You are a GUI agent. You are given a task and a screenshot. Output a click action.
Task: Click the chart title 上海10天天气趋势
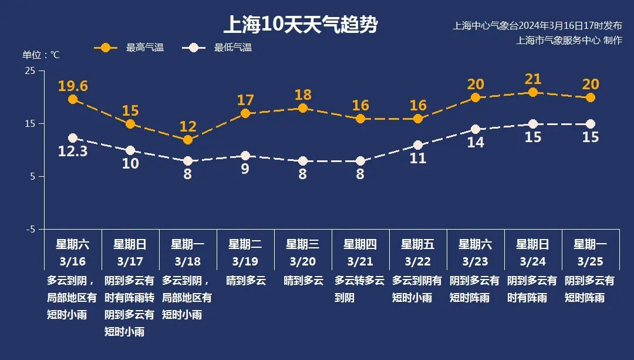[300, 25]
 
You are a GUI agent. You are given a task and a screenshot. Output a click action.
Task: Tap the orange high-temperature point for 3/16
[73, 99]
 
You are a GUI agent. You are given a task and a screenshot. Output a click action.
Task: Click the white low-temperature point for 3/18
[188, 161]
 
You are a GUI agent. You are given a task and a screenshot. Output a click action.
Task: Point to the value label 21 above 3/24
[533, 79]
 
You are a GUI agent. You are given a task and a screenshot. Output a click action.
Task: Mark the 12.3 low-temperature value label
[73, 152]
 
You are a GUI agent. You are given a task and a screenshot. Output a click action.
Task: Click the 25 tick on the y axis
[30, 70]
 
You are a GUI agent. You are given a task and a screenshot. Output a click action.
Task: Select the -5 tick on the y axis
[30, 229]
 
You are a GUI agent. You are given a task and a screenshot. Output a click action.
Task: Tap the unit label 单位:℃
[41, 55]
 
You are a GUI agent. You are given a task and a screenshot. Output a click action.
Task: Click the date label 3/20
[302, 261]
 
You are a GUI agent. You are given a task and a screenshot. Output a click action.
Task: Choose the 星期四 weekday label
[360, 244]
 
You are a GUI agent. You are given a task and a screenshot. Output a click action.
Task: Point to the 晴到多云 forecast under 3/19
[245, 281]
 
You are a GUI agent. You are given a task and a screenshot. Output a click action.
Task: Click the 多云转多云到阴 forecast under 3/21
[359, 289]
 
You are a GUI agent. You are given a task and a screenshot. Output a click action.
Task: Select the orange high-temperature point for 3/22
[418, 119]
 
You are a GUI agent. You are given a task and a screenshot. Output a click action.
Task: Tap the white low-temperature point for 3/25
[591, 124]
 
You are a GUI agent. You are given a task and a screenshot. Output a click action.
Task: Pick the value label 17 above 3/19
[245, 100]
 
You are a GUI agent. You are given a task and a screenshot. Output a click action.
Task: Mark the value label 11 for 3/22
[418, 159]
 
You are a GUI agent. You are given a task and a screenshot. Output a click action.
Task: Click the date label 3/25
[590, 261]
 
